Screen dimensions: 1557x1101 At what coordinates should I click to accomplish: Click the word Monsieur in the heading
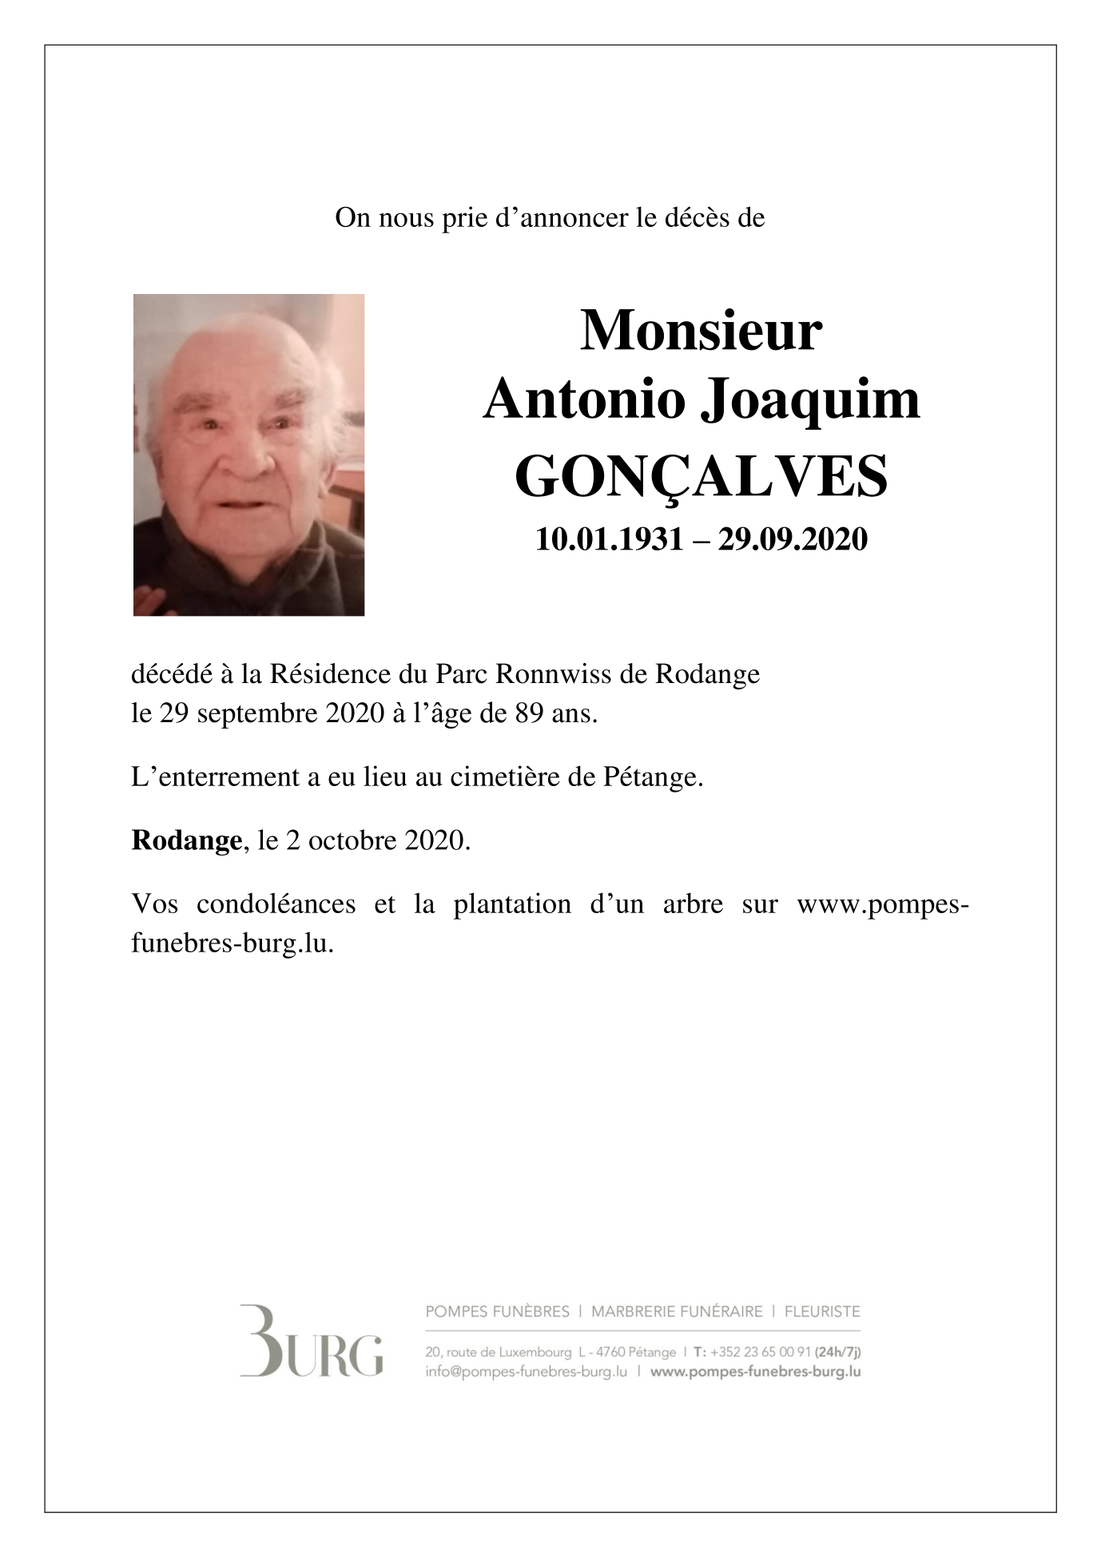point(701,331)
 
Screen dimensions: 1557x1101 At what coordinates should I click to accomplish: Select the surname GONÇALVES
point(701,476)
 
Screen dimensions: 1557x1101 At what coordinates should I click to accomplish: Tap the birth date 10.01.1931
point(609,540)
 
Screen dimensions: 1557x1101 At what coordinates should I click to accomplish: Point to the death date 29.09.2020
point(793,540)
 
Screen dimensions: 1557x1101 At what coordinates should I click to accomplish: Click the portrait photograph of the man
point(248,455)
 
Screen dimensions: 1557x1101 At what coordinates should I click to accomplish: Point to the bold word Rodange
point(187,840)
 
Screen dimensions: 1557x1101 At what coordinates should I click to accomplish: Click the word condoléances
point(276,904)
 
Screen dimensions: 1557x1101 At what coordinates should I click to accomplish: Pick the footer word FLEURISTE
point(822,1312)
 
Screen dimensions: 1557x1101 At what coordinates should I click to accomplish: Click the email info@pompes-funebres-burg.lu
point(526,1372)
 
